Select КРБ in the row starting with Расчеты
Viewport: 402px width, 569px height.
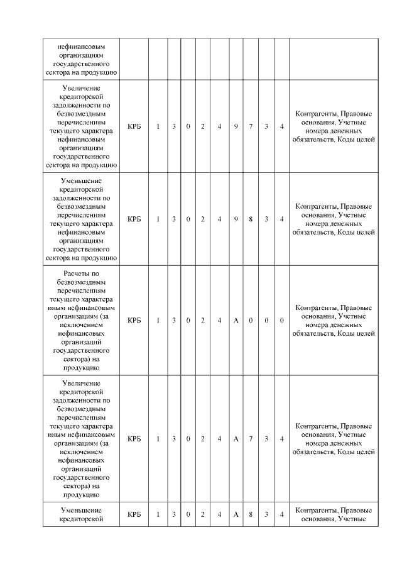click(x=134, y=321)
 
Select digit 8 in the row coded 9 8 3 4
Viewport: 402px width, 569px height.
click(x=251, y=219)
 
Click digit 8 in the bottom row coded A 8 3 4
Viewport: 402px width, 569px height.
click(x=251, y=514)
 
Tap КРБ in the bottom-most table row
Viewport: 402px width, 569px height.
click(x=134, y=514)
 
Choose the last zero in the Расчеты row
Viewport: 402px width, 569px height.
click(x=281, y=321)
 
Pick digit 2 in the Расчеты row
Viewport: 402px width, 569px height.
click(x=203, y=321)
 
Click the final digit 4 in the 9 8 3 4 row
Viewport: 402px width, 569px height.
click(x=281, y=219)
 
